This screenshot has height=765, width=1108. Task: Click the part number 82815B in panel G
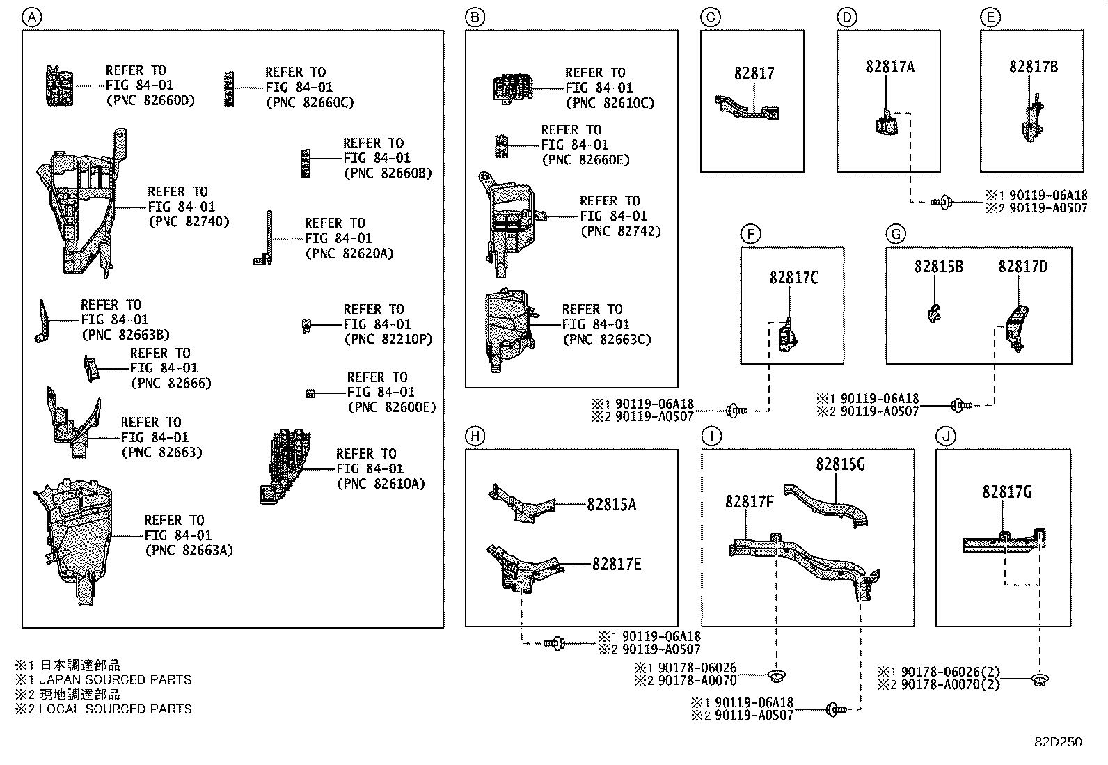pyautogui.click(x=938, y=267)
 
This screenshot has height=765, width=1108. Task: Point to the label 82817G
pyautogui.click(x=1006, y=492)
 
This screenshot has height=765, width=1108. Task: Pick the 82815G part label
pyautogui.click(x=840, y=464)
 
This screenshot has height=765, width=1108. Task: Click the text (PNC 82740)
pyautogui.click(x=189, y=222)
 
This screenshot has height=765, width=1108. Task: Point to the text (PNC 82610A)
pyautogui.click(x=380, y=484)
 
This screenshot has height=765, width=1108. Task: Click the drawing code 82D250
pyautogui.click(x=1057, y=742)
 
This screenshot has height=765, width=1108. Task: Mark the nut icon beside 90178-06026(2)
pyautogui.click(x=1040, y=679)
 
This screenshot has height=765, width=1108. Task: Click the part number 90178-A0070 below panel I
pyautogui.click(x=697, y=681)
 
